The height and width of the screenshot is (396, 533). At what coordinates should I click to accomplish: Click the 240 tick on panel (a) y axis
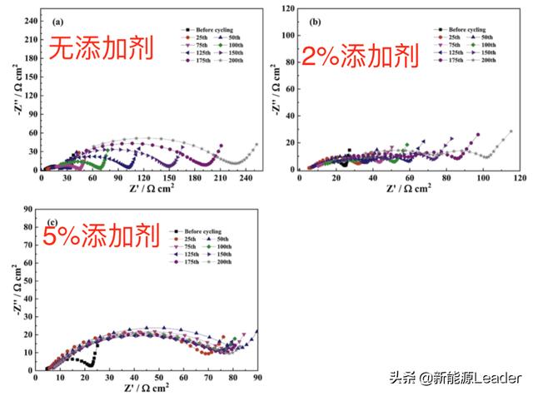(x=31, y=18)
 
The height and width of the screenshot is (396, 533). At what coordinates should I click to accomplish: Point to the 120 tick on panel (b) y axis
(x=287, y=8)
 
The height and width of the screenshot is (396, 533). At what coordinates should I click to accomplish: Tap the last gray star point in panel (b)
(x=511, y=131)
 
